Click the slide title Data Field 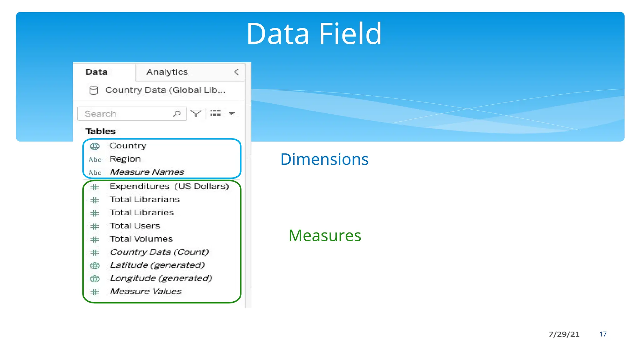point(314,34)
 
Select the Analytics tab point(167,72)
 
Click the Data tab point(97,72)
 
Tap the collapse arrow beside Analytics point(236,72)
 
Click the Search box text point(101,114)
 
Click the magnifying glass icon point(177,113)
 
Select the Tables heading point(101,131)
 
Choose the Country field point(128,146)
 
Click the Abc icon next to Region point(95,160)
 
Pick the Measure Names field point(147,172)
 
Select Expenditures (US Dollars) point(169,187)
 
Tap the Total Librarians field point(144,200)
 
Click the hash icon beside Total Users point(95,226)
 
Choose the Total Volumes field point(141,239)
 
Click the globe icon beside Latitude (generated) point(95,266)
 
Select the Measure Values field point(146,292)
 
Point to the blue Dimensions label point(324,159)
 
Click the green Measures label point(325,236)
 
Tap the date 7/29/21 point(564,334)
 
